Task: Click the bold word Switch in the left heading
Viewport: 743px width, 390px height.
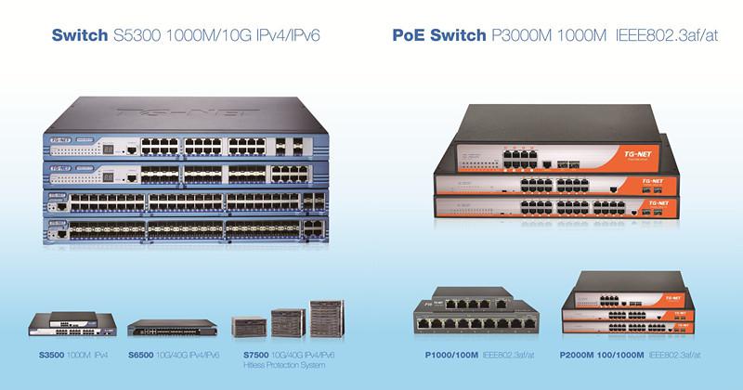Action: [78, 37]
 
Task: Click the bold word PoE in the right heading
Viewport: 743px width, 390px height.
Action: [410, 37]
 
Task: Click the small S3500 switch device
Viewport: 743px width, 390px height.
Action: [72, 325]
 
